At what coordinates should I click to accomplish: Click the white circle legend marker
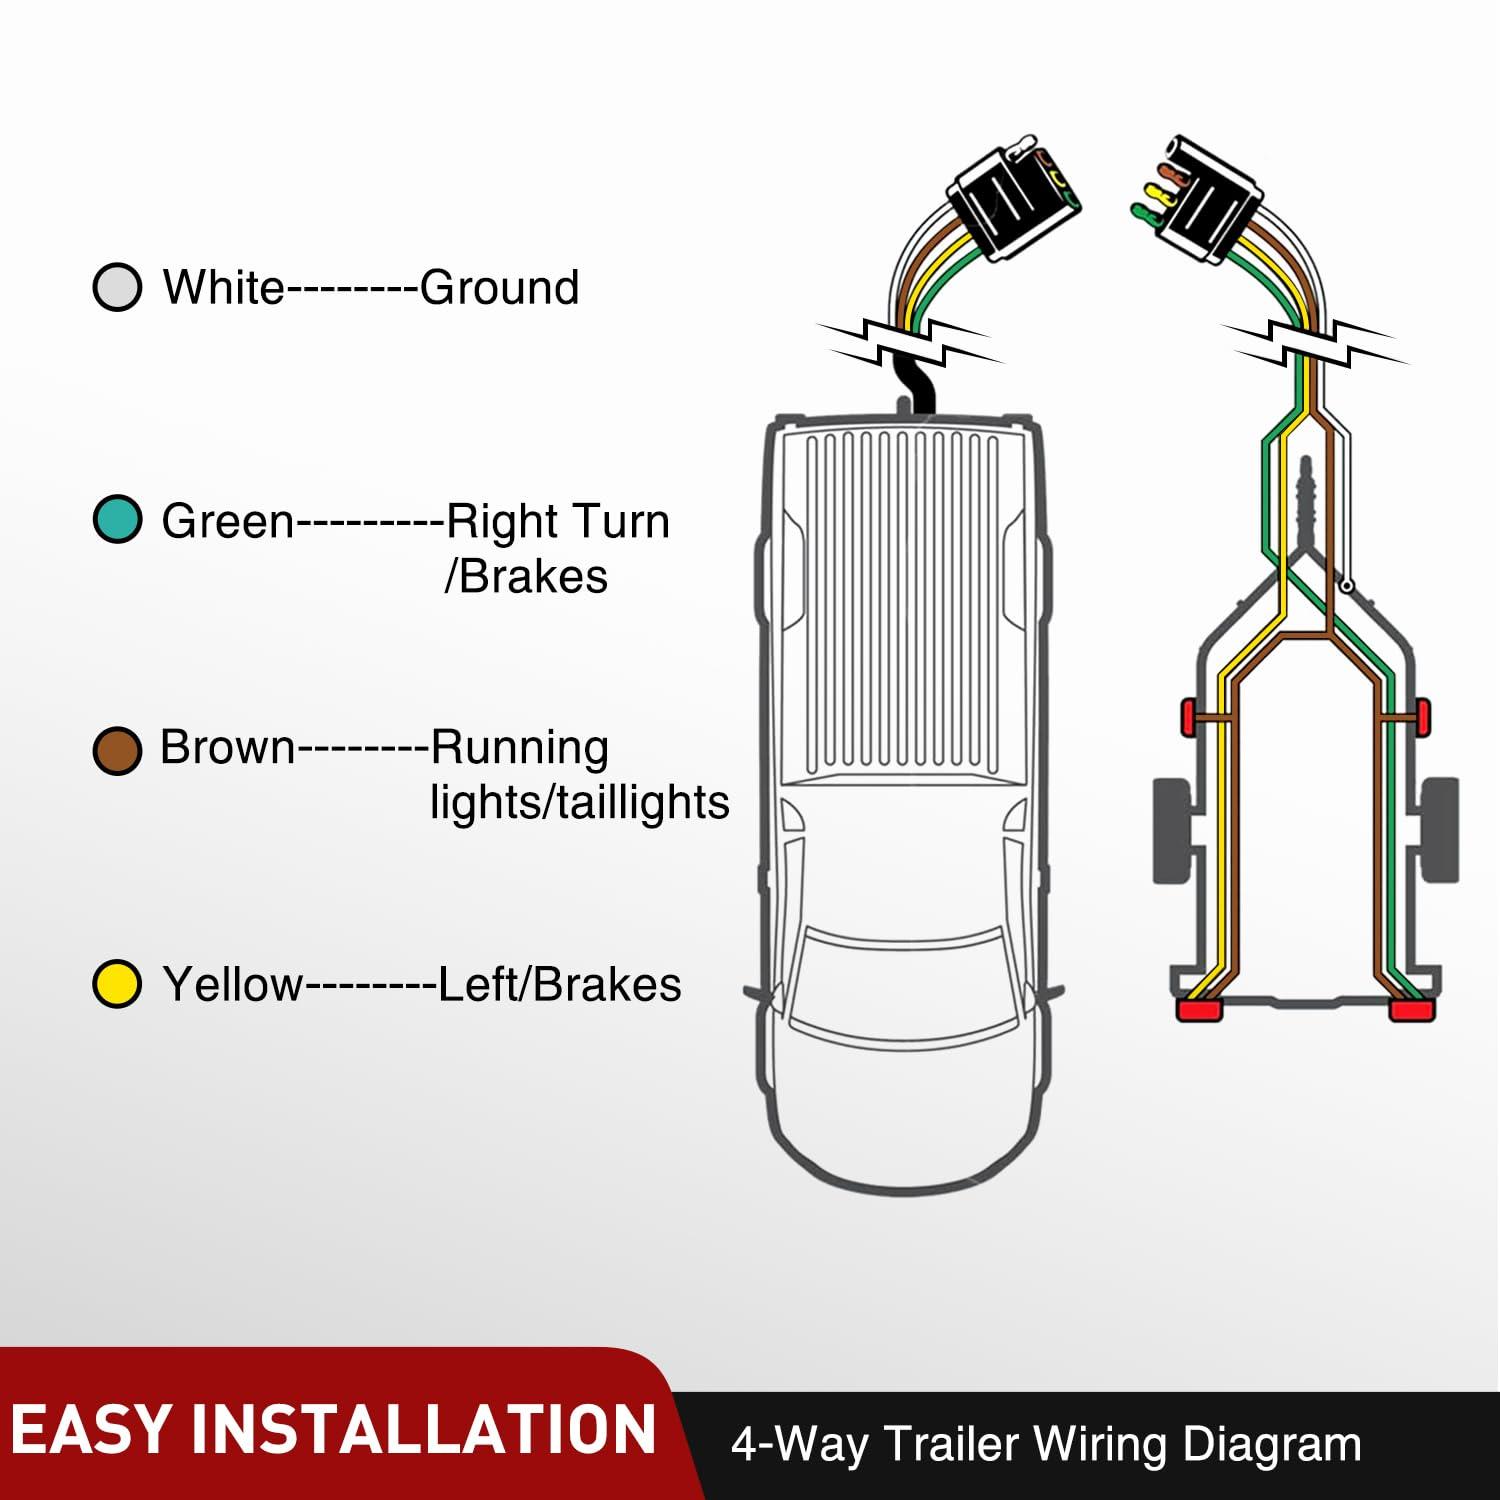point(117,287)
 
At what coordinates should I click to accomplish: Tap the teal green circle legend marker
point(117,520)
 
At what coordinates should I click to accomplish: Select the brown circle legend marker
point(117,750)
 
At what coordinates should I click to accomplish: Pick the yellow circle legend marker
point(117,984)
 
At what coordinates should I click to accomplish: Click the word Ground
point(499,288)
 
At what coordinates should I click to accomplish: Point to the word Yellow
point(231,985)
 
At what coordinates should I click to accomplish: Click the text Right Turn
point(557,522)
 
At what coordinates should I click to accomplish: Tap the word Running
point(519,748)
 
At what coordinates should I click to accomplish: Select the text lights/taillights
point(579,803)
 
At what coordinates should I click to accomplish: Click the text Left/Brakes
point(560,985)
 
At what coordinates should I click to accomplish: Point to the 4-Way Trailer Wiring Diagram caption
point(1046,1445)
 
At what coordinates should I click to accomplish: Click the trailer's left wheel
point(1172,830)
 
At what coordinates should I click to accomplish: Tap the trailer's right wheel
point(1438,830)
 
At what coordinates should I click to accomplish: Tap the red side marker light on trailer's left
point(1189,717)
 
